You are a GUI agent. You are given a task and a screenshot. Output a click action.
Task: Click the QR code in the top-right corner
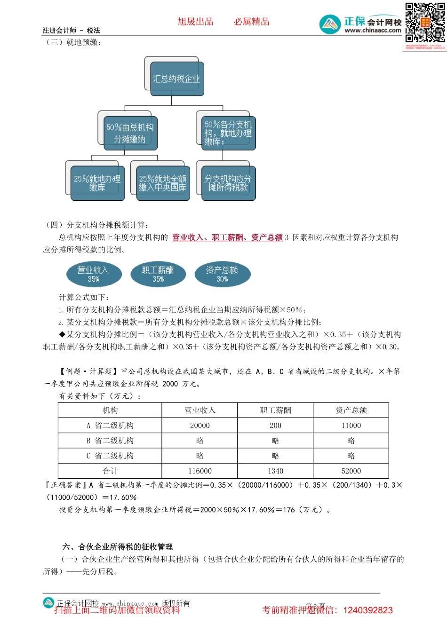425,23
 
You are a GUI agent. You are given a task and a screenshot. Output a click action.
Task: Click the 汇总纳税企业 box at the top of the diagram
176,79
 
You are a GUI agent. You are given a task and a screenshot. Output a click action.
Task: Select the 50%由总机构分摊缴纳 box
130,133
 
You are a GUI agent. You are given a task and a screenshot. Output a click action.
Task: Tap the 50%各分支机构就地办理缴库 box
228,133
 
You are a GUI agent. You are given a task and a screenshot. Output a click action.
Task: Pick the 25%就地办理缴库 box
97,183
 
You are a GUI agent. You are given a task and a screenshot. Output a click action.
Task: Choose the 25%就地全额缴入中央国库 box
163,183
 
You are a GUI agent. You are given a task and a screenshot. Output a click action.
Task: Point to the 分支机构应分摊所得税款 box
228,183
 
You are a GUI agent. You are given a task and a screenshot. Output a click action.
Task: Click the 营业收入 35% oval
93,274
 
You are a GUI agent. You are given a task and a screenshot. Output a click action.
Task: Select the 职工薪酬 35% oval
158,274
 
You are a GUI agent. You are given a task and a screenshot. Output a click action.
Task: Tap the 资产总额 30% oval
222,274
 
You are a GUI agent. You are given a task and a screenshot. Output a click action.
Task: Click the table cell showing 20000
200,426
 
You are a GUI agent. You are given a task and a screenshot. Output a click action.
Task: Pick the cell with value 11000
351,426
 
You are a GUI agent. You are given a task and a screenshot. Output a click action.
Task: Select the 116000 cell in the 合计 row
200,471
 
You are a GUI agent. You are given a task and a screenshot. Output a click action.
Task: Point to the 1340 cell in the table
276,471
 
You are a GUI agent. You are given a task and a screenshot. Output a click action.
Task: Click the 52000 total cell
351,471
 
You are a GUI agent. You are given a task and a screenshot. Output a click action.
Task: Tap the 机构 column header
110,411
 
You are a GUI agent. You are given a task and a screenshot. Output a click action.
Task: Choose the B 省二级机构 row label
110,441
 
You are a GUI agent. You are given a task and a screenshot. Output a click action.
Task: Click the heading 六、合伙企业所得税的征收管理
118,547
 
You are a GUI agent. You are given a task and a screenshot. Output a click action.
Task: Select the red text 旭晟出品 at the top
195,22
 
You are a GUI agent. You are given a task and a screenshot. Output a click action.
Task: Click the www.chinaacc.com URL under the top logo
373,31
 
